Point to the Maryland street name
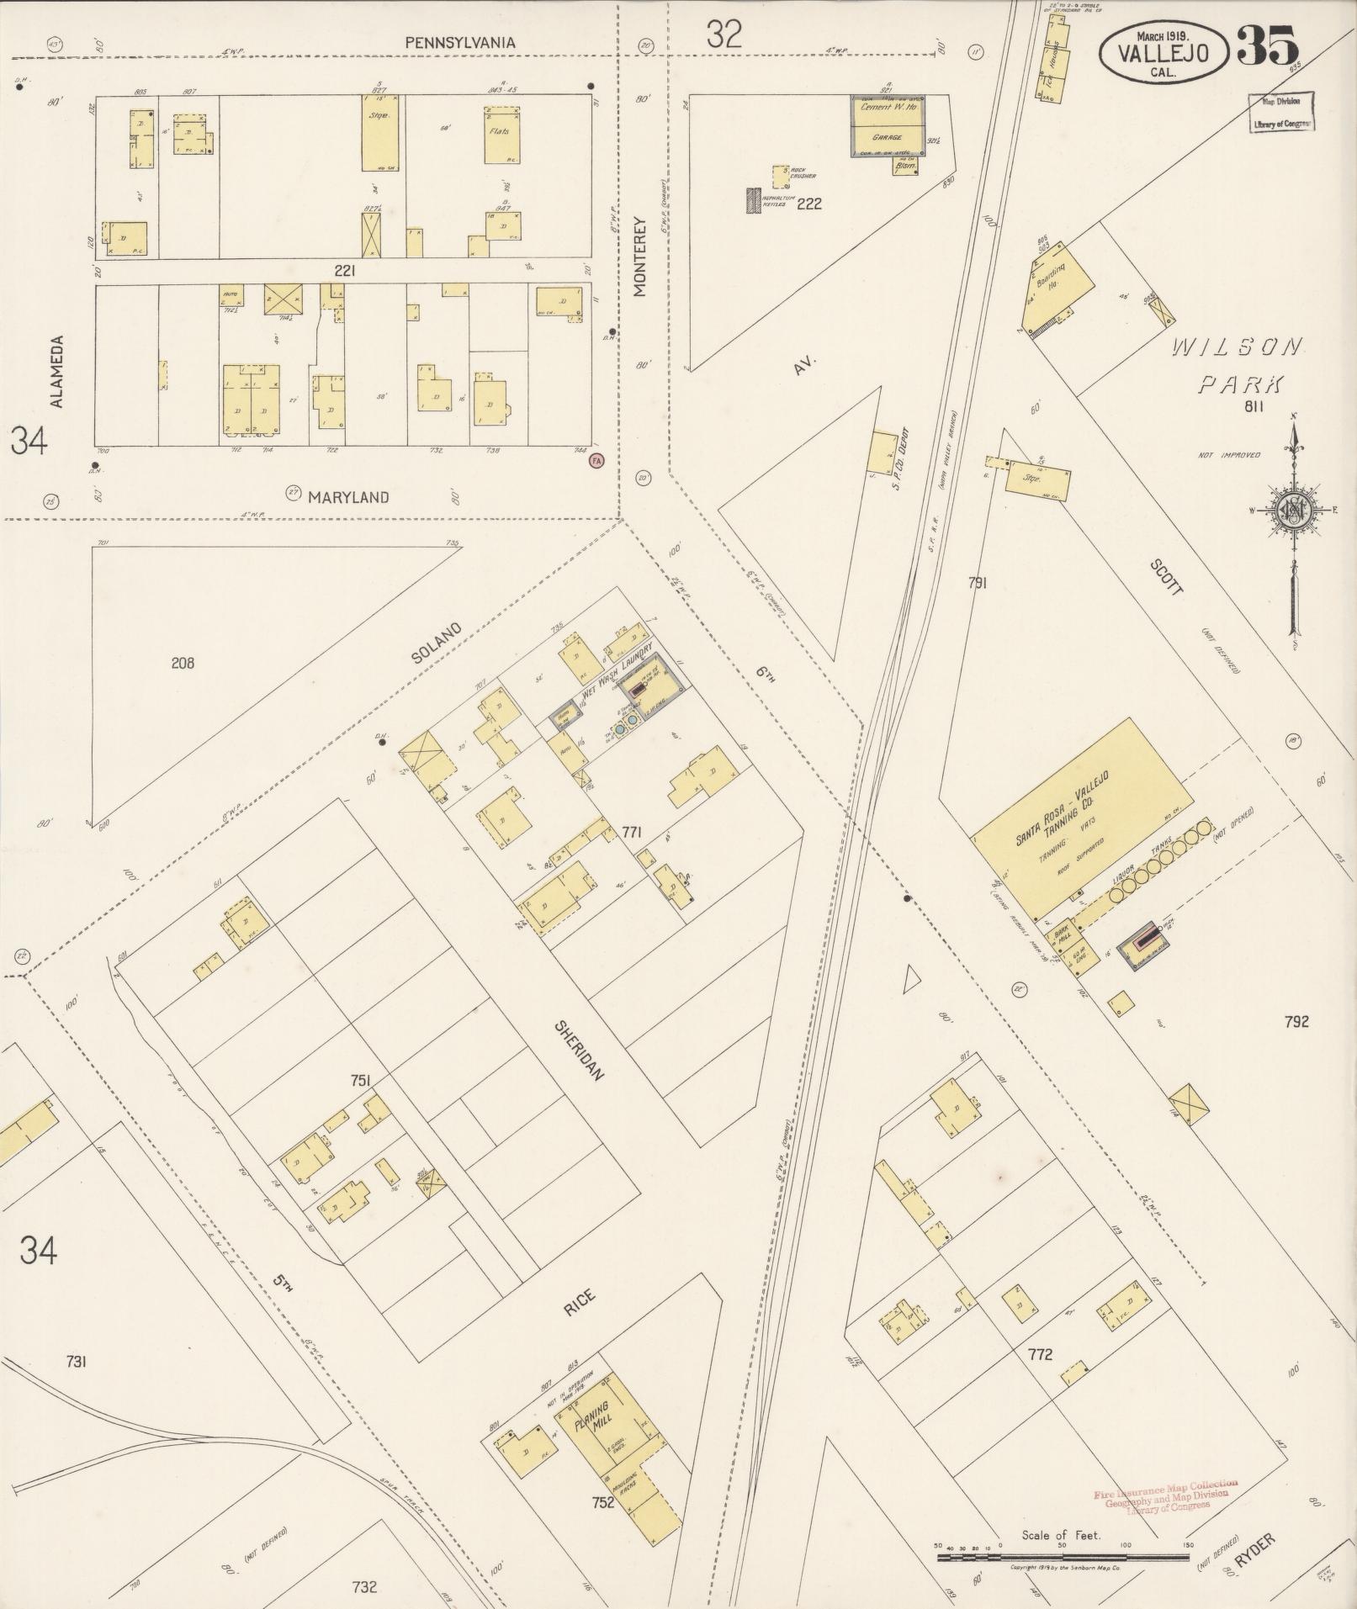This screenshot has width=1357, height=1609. tap(347, 497)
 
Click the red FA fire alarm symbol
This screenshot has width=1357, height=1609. tap(596, 460)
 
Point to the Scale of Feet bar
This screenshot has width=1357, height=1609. tap(1062, 1556)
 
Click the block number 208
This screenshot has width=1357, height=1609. tap(182, 663)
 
